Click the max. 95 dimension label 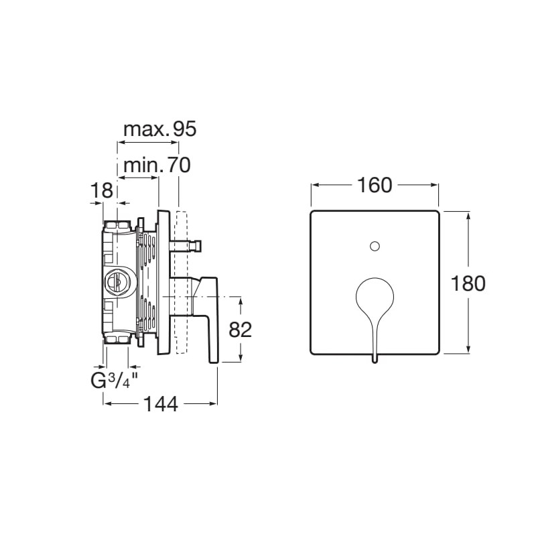160,129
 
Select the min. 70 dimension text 157,165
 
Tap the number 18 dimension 102,190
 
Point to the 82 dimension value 240,330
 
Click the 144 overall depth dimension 161,405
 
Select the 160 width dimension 375,186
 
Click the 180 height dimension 468,283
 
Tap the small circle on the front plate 375,246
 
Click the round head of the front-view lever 375,296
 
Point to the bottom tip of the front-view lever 375,362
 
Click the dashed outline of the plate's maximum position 180,282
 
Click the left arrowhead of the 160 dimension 315,186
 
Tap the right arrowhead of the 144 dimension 213,404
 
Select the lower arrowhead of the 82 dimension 241,358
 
